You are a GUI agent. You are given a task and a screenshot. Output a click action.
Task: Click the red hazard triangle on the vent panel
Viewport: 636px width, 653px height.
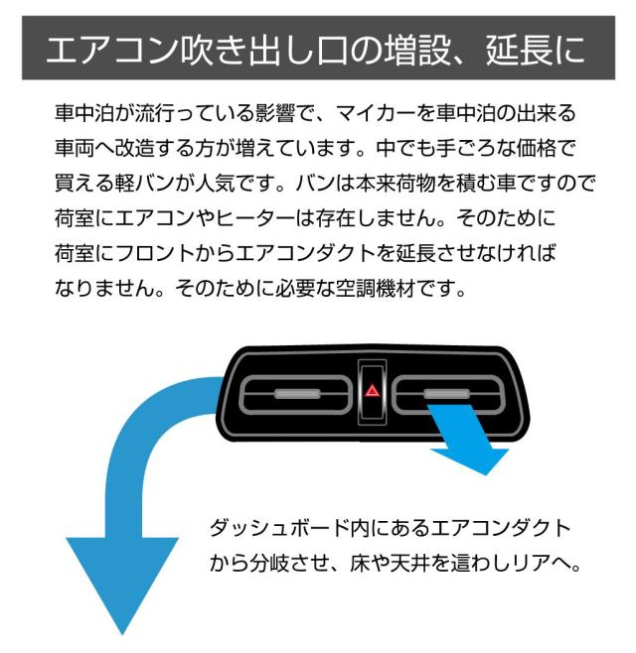372,391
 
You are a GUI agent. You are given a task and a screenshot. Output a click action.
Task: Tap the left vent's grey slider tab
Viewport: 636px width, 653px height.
297,394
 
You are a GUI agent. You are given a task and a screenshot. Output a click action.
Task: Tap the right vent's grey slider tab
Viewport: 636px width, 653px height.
446,394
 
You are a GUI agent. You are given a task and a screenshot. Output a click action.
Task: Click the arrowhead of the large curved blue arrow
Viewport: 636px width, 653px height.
122,585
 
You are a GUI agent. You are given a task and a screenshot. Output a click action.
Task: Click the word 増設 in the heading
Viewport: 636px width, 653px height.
417,50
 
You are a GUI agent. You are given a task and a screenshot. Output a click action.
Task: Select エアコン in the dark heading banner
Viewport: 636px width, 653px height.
113,50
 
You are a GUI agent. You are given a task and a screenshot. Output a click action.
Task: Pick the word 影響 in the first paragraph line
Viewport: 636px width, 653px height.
275,113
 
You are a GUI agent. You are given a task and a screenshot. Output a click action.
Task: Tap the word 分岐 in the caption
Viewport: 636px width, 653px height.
270,564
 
